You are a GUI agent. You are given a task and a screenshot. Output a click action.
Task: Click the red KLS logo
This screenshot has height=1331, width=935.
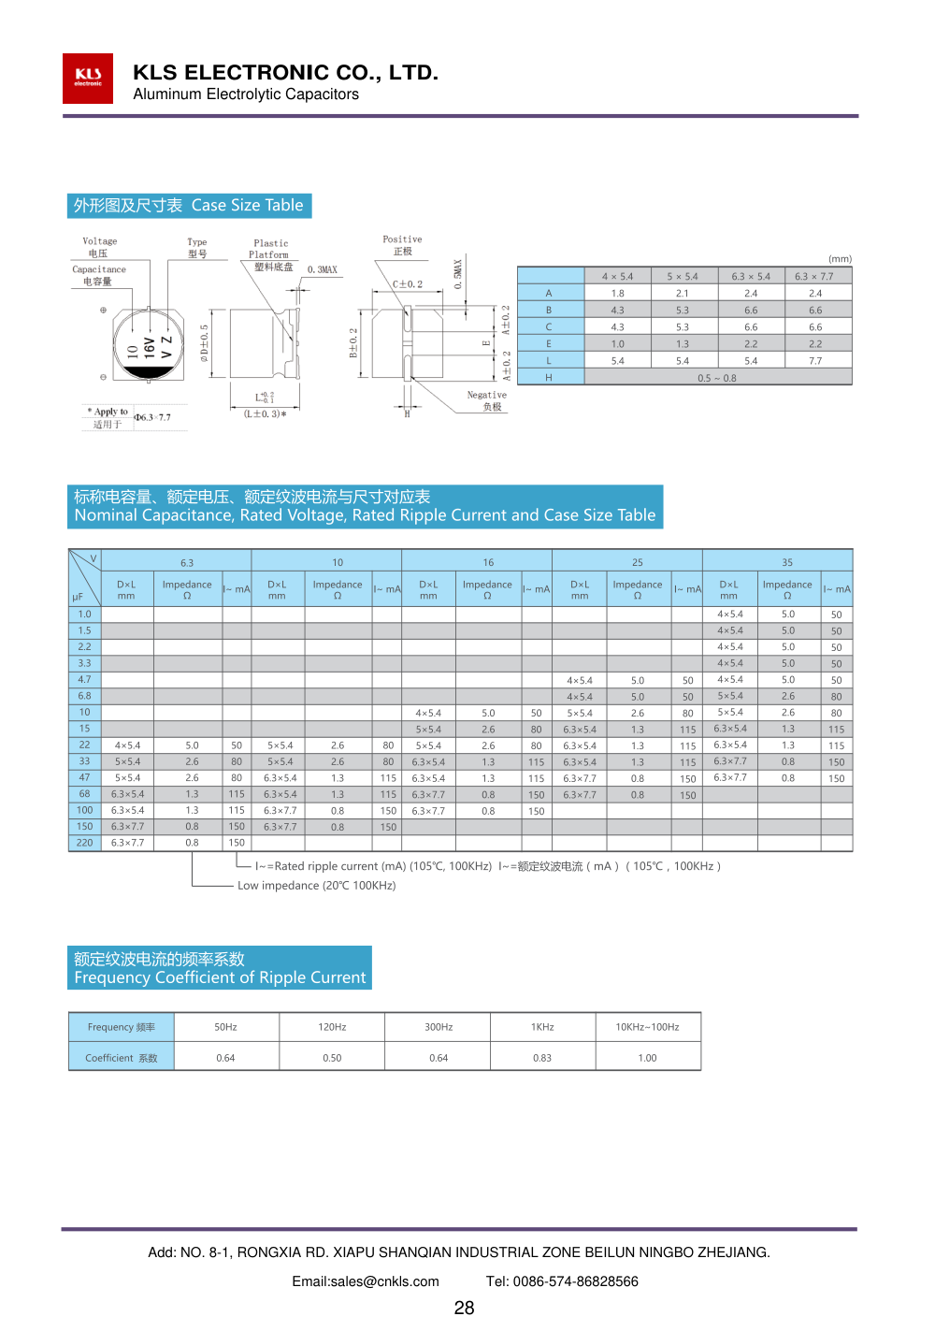coord(88,78)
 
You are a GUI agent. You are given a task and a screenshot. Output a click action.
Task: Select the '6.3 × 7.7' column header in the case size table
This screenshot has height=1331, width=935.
coord(813,276)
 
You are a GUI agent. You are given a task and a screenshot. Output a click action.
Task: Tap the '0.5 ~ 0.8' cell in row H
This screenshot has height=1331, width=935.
coord(717,378)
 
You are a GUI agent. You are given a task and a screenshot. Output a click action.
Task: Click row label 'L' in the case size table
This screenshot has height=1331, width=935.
coord(549,361)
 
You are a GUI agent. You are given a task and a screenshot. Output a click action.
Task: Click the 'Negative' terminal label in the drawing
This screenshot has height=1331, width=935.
coord(487,396)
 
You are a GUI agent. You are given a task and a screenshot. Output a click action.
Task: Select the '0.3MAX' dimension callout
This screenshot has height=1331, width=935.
coord(323,269)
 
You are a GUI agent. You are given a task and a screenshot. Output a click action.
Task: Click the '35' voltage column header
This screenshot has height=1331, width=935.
coord(787,562)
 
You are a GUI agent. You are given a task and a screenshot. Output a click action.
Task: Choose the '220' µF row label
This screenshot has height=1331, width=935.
coord(85,843)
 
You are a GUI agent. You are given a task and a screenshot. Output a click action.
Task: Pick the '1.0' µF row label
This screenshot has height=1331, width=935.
coord(85,615)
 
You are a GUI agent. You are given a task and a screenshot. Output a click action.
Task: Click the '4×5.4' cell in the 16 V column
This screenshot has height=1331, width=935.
coord(428,713)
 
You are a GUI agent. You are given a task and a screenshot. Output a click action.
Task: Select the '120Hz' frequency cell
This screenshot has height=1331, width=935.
coord(332,1027)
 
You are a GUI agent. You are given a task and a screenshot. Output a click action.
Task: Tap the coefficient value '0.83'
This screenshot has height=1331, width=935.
coord(542,1058)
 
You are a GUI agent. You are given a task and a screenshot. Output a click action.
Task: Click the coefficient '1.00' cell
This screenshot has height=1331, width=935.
coord(647,1058)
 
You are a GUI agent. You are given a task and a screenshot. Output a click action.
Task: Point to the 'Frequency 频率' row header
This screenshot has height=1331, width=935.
coord(122,1027)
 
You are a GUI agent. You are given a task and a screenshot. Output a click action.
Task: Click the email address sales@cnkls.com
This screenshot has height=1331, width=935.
coord(366,1281)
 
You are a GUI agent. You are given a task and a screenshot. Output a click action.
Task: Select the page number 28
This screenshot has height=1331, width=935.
coord(464,1308)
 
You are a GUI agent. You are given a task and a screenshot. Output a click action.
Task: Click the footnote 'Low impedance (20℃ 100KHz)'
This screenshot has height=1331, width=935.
coord(316,885)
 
